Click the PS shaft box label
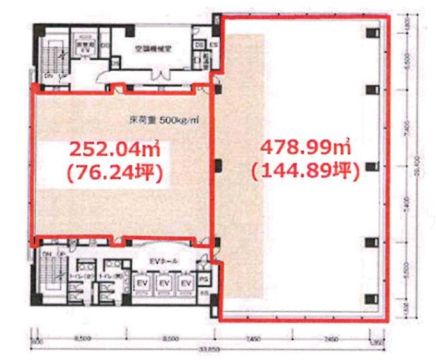202,279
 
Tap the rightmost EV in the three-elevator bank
185,282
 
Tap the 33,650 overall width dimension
205,350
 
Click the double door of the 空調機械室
161,74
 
